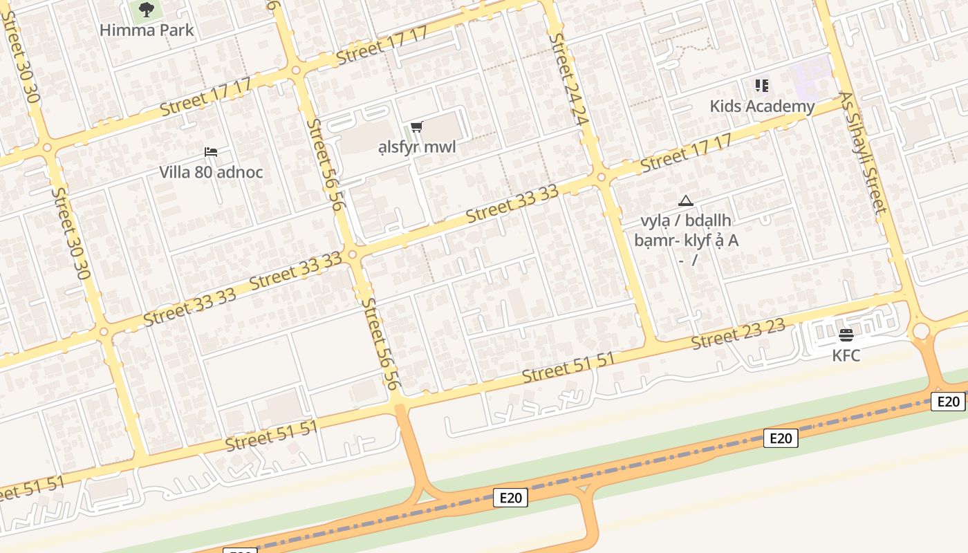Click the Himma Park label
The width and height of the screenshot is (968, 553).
click(x=147, y=30)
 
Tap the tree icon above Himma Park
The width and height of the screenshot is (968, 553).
click(x=147, y=10)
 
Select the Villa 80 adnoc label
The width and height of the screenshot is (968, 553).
click(x=211, y=172)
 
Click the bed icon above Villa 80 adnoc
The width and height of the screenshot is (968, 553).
click(x=211, y=152)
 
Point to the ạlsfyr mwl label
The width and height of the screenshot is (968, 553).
click(x=417, y=147)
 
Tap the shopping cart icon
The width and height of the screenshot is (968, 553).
click(x=416, y=126)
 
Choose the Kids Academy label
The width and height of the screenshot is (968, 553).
click(x=762, y=106)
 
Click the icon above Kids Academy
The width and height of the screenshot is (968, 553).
click(x=762, y=86)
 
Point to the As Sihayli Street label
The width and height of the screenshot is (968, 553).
click(x=863, y=153)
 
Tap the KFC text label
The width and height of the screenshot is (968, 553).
click(x=846, y=355)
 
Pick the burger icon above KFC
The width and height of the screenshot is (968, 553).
click(x=846, y=335)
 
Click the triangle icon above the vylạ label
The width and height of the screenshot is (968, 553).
click(x=686, y=201)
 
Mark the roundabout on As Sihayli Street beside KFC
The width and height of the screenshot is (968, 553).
click(x=921, y=332)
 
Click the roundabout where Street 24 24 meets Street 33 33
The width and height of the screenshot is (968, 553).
click(x=601, y=178)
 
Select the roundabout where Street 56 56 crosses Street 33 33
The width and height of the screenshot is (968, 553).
click(x=353, y=255)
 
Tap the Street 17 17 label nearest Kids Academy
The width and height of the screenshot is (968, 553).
click(x=686, y=153)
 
